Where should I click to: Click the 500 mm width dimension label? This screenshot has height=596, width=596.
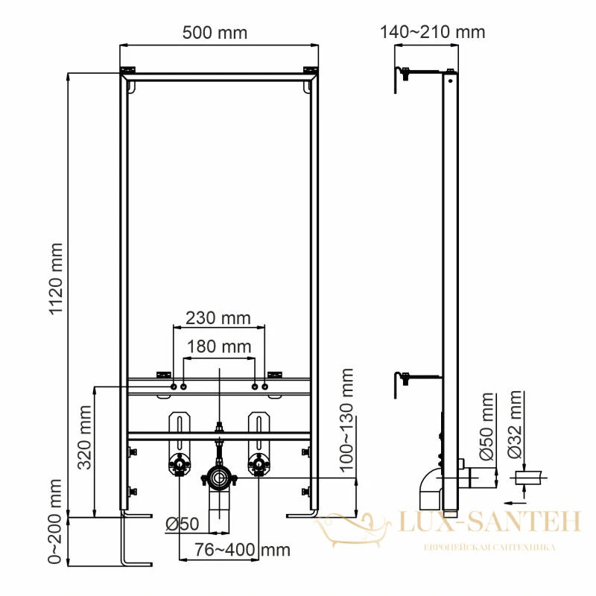(x=215, y=33)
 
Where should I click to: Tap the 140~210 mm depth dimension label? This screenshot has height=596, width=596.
(x=433, y=32)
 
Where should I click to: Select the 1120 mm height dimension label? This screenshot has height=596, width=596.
(x=56, y=279)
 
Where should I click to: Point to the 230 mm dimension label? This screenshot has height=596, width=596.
(x=218, y=318)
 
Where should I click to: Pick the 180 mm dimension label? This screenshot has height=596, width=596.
(x=219, y=346)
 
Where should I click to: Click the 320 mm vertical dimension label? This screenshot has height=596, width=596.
(x=84, y=437)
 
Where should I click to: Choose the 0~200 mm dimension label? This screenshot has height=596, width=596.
(x=54, y=521)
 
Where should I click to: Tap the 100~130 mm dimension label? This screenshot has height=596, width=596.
(x=346, y=421)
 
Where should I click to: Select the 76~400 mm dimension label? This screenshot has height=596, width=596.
(x=243, y=550)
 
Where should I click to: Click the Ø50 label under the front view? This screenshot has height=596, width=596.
(x=183, y=524)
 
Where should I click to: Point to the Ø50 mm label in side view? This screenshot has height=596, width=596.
(x=486, y=426)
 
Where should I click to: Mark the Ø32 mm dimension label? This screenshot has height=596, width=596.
(x=515, y=425)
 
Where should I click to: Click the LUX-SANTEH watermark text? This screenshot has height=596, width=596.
(x=489, y=521)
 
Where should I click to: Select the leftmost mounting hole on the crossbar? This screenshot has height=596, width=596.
(x=174, y=387)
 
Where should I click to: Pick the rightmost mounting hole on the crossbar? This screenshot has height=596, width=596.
(x=265, y=387)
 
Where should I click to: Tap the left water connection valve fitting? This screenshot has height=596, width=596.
(x=180, y=464)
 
